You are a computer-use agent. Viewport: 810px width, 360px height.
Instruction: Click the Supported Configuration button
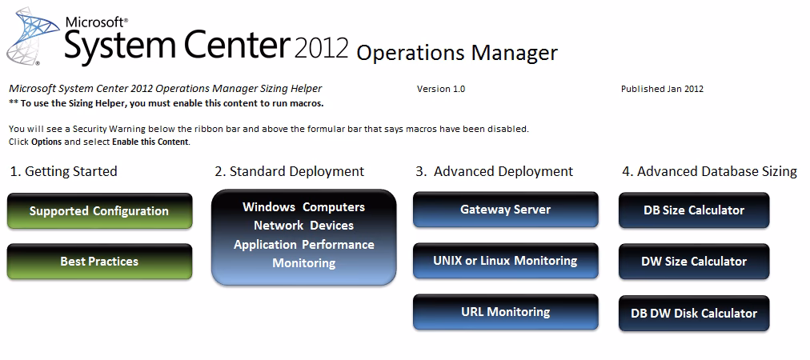point(99,211)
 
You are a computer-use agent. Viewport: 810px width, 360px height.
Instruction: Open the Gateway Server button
point(505,210)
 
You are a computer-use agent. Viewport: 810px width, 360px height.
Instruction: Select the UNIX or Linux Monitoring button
point(505,261)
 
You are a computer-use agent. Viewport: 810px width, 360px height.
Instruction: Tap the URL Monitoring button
point(505,312)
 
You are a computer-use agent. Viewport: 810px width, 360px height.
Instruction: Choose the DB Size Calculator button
point(694,210)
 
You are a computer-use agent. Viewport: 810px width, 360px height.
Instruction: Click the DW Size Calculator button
point(694,262)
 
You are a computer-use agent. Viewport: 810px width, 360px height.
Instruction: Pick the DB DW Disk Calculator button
point(694,313)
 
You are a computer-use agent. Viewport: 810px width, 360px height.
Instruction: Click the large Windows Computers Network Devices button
point(303,236)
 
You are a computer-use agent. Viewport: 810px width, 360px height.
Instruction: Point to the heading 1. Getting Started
point(63,171)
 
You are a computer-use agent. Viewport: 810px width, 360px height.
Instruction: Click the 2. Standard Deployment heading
point(289,171)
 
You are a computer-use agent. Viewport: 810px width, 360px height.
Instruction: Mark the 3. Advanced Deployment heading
point(494,171)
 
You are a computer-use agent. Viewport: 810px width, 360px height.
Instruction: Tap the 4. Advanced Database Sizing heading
point(708,171)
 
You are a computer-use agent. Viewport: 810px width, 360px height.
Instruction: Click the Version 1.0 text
point(440,89)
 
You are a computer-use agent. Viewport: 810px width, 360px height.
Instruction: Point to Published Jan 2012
point(662,89)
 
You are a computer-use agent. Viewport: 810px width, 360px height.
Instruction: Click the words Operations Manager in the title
point(456,53)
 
